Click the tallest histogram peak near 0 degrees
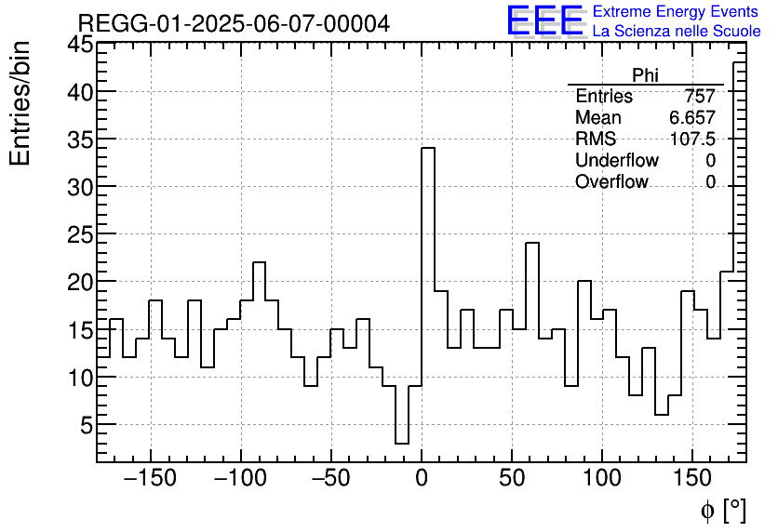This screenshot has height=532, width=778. (428, 149)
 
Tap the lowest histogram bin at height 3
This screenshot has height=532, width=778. (402, 444)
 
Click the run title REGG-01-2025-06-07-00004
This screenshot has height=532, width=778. (234, 23)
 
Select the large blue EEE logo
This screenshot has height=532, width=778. (544, 21)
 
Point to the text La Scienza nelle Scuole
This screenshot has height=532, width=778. (677, 32)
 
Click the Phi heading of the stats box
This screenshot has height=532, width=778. (645, 75)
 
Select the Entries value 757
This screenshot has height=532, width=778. (699, 97)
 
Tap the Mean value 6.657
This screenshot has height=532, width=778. (691, 118)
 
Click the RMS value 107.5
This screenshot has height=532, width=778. (692, 140)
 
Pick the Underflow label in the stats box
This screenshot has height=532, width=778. (617, 161)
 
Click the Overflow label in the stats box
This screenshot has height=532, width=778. (611, 182)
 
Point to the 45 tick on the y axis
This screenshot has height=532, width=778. (79, 45)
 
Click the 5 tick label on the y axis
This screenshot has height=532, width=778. (85, 425)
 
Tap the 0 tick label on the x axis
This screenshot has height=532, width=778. (422, 479)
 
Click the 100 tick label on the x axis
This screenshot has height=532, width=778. (602, 479)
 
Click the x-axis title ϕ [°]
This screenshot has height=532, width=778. (722, 511)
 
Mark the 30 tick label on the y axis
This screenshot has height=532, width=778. (79, 187)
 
